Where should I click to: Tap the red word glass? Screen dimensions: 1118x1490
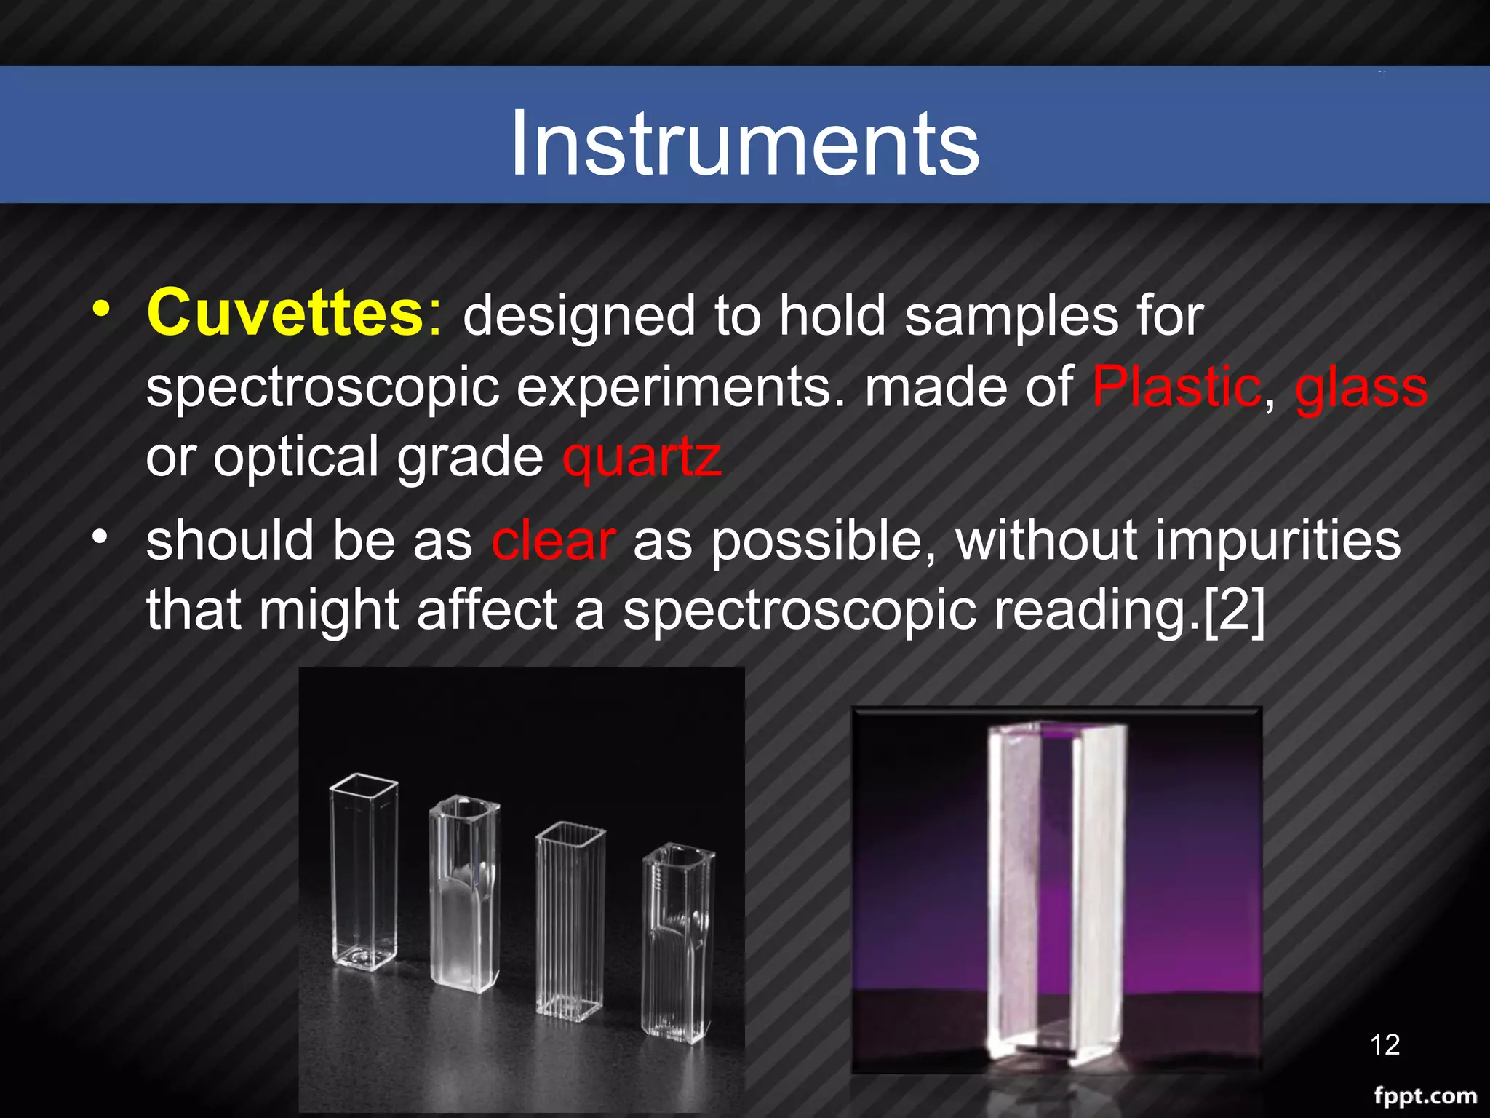pyautogui.click(x=1361, y=388)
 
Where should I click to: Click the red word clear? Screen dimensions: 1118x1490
pyautogui.click(x=554, y=541)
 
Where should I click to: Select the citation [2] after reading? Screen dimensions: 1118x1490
pyautogui.click(x=1234, y=610)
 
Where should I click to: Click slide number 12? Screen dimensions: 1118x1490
pyautogui.click(x=1385, y=1044)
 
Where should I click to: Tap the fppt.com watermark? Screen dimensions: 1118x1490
pyautogui.click(x=1425, y=1095)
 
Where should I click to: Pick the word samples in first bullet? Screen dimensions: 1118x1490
pyautogui.click(x=1011, y=317)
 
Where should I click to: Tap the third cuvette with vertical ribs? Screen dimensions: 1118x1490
pyautogui.click(x=570, y=921)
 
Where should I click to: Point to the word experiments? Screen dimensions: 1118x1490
pyautogui.click(x=672, y=388)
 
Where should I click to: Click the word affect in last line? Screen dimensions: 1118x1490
pyautogui.click(x=486, y=610)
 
